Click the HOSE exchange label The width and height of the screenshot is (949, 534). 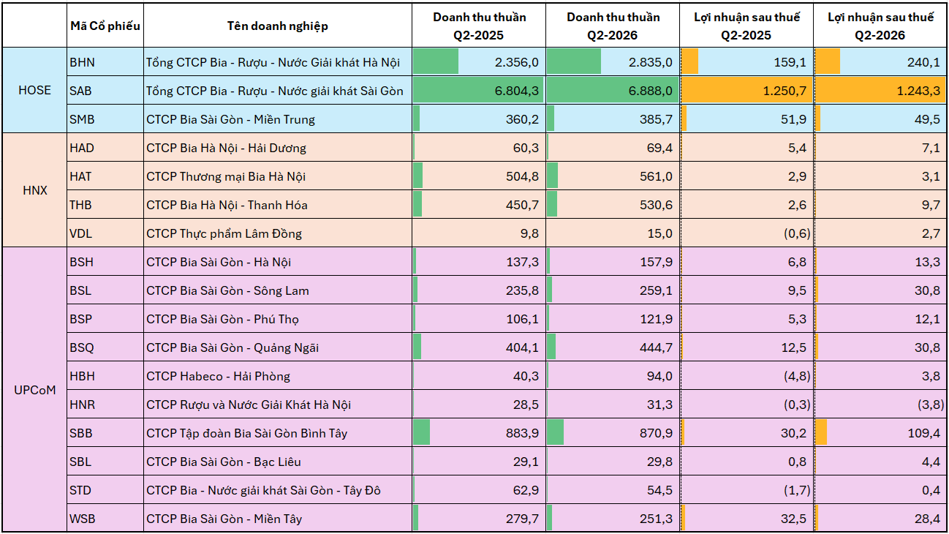35,90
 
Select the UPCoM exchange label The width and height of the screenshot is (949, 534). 35,390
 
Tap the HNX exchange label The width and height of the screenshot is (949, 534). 35,190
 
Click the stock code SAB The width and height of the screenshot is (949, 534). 80,91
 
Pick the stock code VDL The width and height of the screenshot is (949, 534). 80,233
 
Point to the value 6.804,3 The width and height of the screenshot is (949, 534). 516,91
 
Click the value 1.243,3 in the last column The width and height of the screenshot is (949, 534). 918,91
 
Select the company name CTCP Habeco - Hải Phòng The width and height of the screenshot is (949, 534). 218,376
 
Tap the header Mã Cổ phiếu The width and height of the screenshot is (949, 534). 105,26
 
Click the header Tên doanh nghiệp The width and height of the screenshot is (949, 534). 278,26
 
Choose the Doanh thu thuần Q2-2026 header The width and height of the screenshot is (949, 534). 613,26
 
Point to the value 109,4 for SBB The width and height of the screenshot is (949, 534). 924,433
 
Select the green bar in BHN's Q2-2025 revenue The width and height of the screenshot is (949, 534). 436,62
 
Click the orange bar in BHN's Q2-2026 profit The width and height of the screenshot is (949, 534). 828,62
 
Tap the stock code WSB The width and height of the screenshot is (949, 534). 82,519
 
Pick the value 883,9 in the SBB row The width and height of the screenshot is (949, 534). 522,433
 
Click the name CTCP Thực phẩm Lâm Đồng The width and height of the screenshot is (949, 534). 224,233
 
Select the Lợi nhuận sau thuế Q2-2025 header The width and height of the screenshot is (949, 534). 746,26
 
